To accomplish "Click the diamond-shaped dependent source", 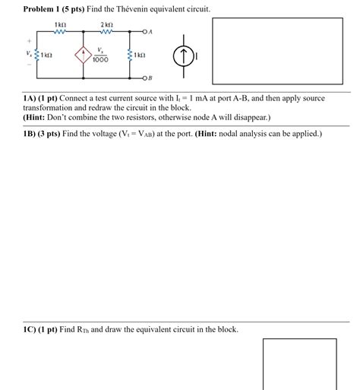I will (82, 56).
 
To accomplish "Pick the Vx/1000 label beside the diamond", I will (101, 55).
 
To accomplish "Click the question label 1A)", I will (33, 99).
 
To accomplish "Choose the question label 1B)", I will (33, 135).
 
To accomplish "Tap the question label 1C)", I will (33, 330).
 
